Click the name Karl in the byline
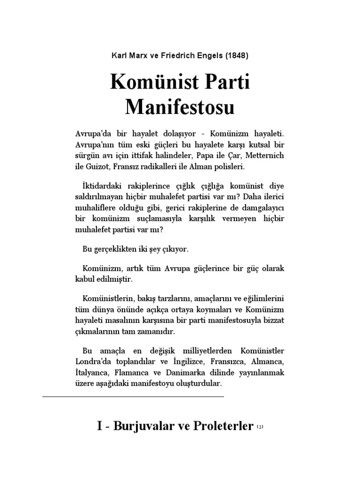point(120,55)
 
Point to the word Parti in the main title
point(225,83)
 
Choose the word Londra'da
point(92,362)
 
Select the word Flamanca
point(135,373)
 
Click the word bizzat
point(272,320)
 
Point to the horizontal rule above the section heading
point(133,397)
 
